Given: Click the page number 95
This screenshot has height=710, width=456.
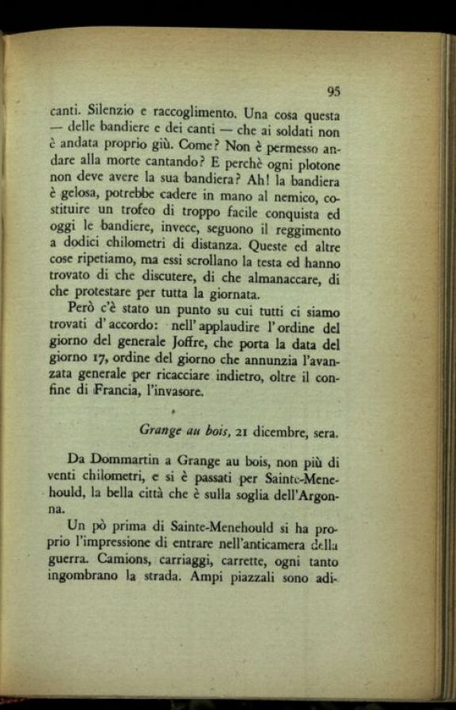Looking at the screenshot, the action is [x=332, y=91].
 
